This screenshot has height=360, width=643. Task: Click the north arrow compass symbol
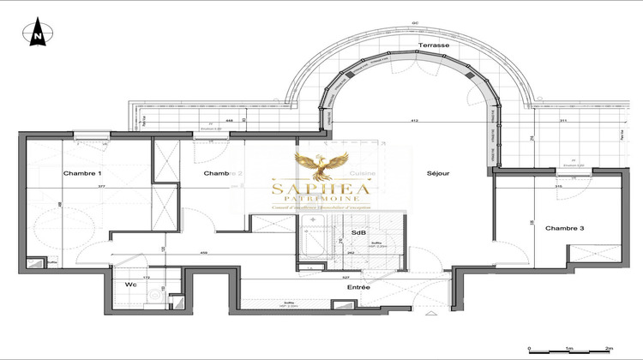coord(38,34)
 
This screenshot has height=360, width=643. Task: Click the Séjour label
coord(439,174)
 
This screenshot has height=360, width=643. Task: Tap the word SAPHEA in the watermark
coord(321,189)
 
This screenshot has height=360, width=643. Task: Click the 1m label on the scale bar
coord(568,350)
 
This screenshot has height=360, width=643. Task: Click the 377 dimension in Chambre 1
coord(101,186)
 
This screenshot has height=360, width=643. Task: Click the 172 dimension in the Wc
coord(146,278)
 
